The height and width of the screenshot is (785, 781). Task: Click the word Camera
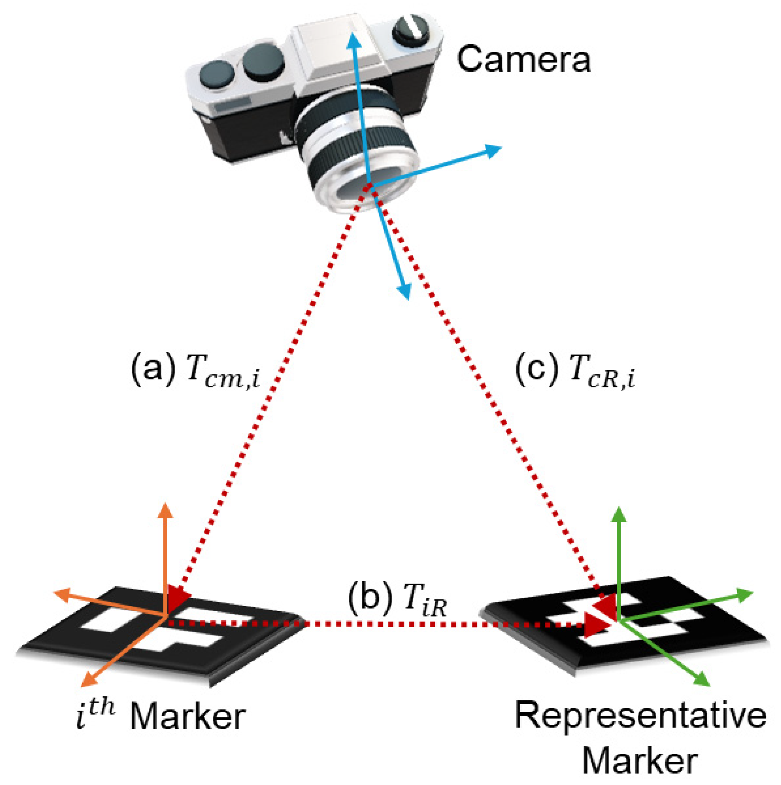coord(523,60)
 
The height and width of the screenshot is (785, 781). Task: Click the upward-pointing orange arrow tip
coord(165,509)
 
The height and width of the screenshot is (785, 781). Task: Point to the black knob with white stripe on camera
coord(410,29)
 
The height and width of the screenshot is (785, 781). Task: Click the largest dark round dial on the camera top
coord(263,62)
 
